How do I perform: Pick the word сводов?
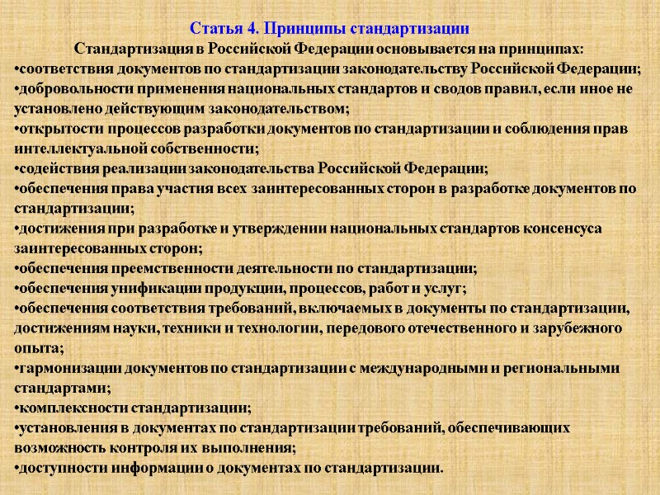(x=454, y=88)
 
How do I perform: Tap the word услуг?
(x=445, y=288)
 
